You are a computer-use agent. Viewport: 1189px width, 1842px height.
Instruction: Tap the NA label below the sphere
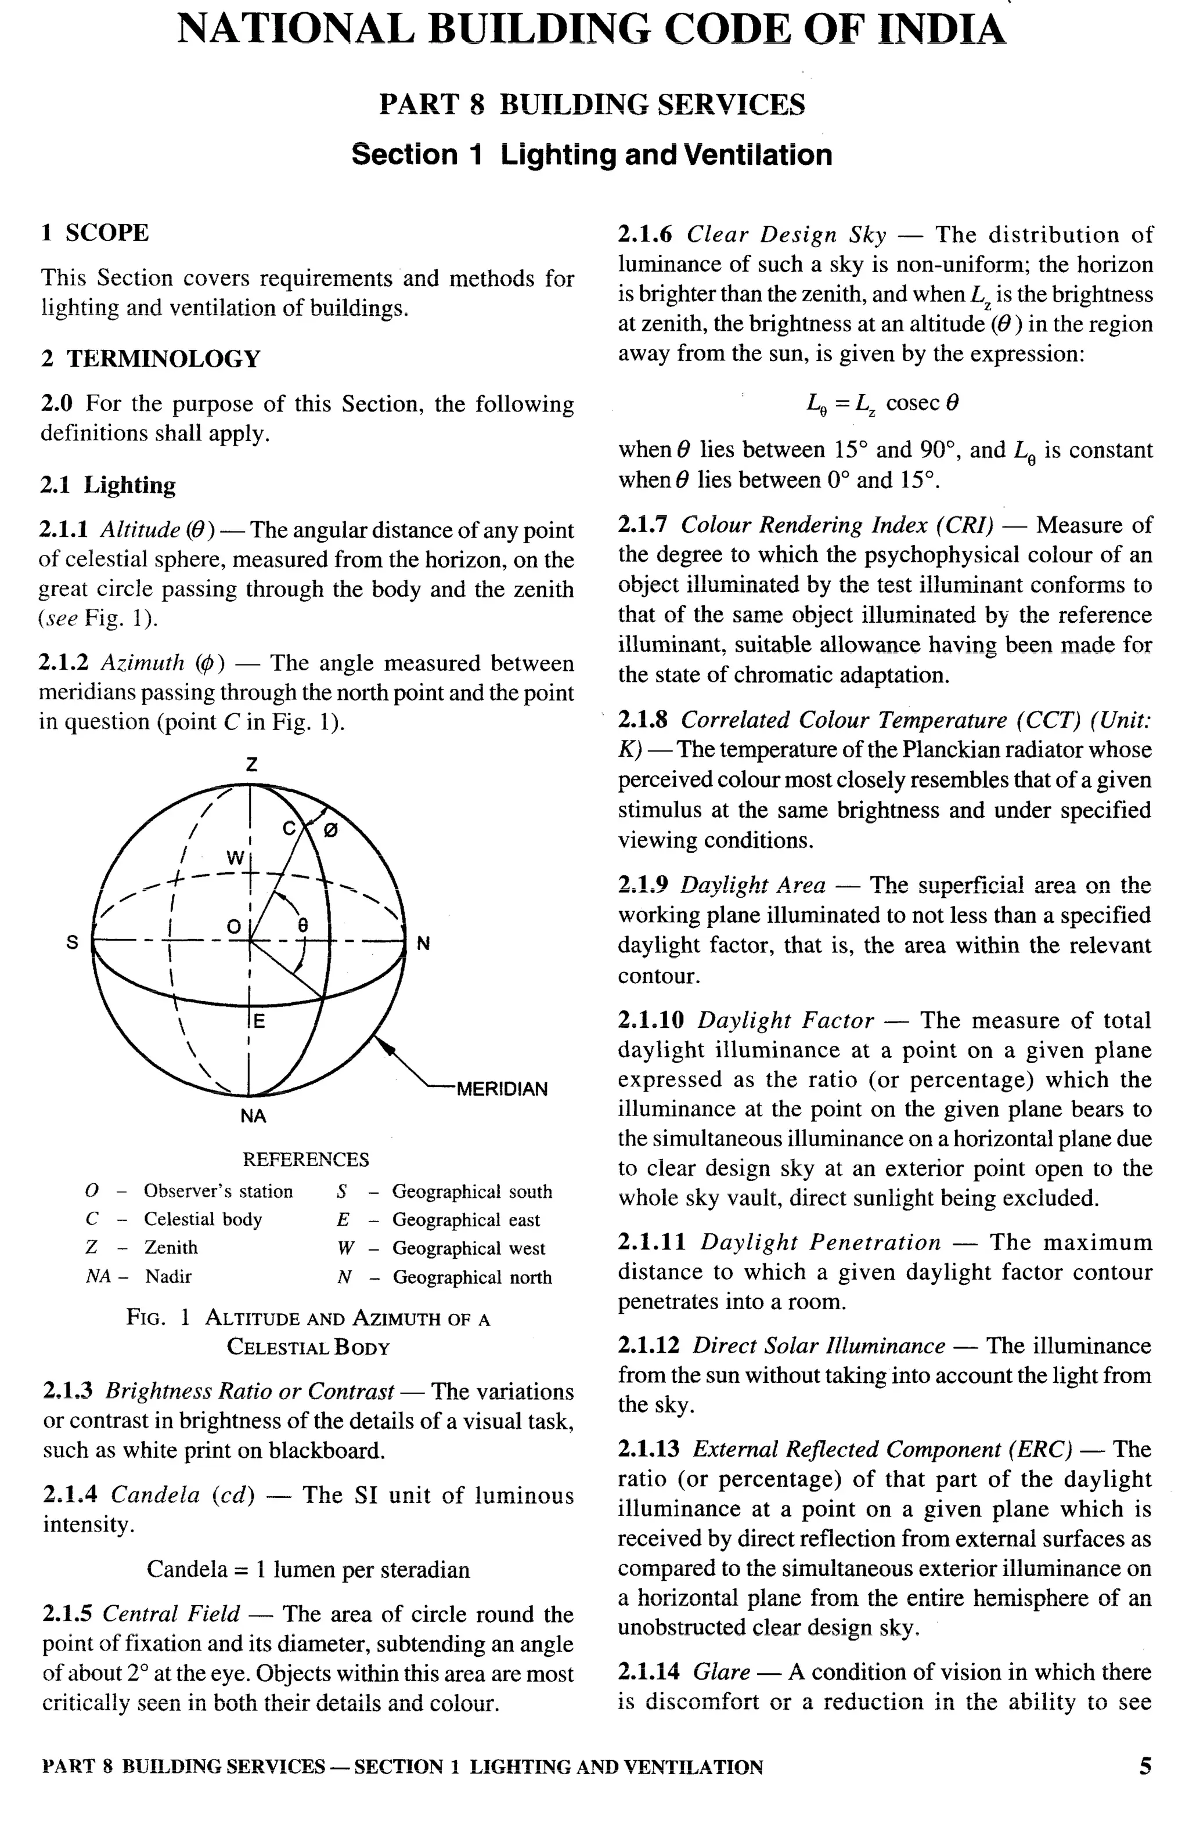[x=253, y=1116]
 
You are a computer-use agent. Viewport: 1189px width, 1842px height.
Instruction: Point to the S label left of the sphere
[x=72, y=942]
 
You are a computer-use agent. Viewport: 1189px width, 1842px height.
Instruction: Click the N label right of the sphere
[x=423, y=943]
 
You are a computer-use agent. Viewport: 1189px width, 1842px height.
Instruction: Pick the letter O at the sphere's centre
[x=233, y=927]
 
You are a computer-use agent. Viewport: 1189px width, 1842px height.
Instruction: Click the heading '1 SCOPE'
[x=95, y=233]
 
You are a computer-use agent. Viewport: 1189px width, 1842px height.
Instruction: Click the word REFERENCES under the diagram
[x=306, y=1160]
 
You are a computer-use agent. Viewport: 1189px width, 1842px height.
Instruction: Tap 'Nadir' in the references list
[x=168, y=1276]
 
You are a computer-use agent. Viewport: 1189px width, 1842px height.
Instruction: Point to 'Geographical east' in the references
[x=466, y=1220]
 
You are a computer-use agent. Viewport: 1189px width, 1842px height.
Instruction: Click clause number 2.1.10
[x=651, y=1021]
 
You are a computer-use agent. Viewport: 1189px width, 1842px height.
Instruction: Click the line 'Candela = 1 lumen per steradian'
[x=308, y=1570]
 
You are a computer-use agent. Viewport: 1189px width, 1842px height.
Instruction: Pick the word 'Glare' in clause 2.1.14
[x=721, y=1672]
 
